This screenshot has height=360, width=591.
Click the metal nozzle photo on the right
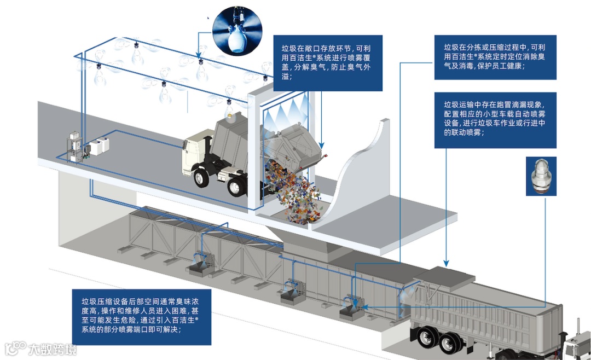coord(541,176)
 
